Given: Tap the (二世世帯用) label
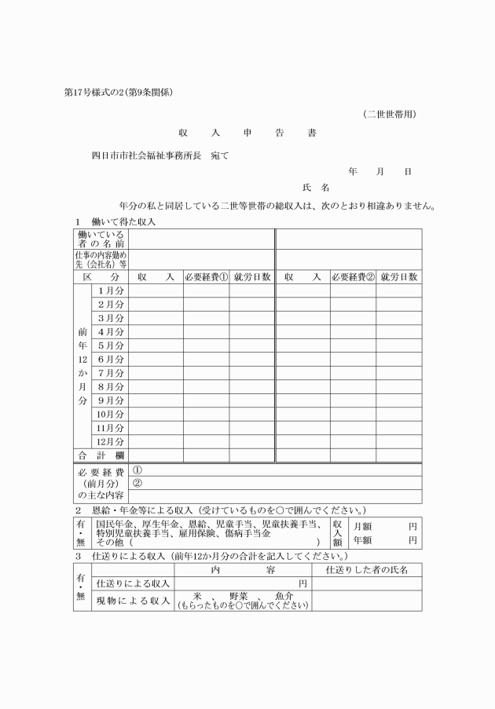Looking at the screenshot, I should pos(389,114).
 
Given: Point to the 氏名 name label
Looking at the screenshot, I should pos(315,188).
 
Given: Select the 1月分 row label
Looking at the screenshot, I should pos(110,291).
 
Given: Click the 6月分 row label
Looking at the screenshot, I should pos(110,359).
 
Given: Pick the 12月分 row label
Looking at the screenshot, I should pos(110,441).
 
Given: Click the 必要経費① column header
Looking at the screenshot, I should pos(206,276).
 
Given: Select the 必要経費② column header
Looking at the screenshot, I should pos(352,276).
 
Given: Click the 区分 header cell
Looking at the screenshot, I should pos(101,276).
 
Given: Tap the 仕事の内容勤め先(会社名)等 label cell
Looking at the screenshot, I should pos(101,260).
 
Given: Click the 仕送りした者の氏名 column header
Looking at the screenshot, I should pos(366,569).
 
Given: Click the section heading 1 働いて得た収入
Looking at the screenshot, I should pos(116,221).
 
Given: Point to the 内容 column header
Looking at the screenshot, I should pos(242,569).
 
